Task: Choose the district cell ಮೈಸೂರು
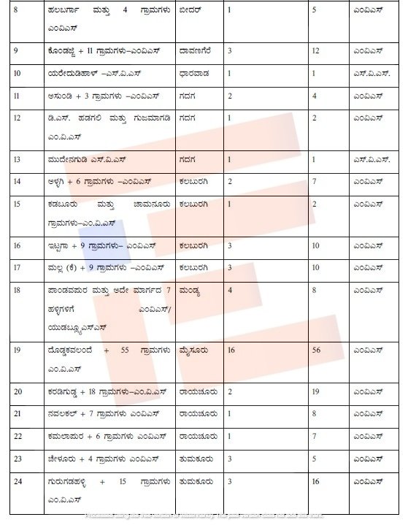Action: (193, 350)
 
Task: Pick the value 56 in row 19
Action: (316, 350)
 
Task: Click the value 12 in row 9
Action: (316, 52)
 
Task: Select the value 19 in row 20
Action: (316, 391)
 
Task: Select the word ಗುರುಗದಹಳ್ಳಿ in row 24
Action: (67, 482)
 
